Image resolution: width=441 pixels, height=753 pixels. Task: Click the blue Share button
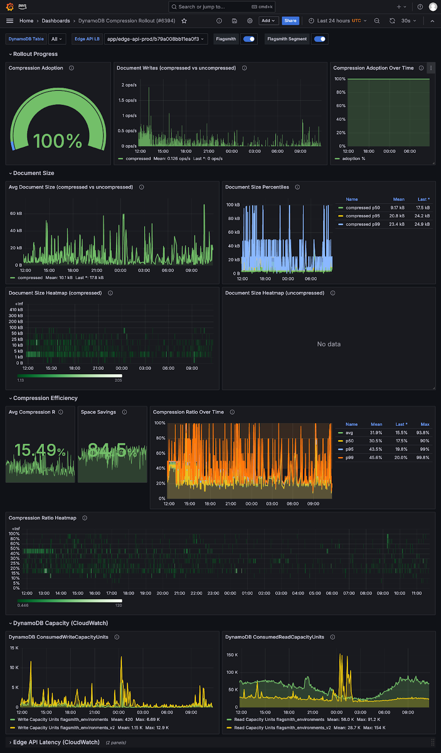(x=290, y=21)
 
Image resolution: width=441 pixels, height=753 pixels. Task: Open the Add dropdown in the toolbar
(x=268, y=21)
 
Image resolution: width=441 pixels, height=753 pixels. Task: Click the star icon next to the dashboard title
(x=184, y=21)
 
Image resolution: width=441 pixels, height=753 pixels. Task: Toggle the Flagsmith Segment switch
(x=320, y=39)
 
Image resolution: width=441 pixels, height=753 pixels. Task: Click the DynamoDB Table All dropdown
(x=57, y=39)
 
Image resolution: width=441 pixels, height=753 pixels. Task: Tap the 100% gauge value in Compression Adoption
(x=57, y=141)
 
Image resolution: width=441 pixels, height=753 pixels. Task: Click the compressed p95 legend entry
(x=362, y=216)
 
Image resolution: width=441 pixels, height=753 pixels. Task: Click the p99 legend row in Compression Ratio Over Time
(x=349, y=457)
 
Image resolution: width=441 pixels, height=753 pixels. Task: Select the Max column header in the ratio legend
(x=425, y=425)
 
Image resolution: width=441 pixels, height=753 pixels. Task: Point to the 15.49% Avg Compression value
(x=40, y=450)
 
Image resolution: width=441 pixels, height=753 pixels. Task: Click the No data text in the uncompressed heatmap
(x=328, y=344)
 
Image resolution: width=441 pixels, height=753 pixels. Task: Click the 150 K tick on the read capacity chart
(x=232, y=655)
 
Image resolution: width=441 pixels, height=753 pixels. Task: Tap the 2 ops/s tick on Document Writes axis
(x=129, y=85)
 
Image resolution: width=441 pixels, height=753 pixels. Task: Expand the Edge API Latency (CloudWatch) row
(x=56, y=742)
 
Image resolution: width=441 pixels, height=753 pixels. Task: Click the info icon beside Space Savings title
(x=124, y=412)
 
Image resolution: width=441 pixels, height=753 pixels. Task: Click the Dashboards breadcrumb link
(x=56, y=21)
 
